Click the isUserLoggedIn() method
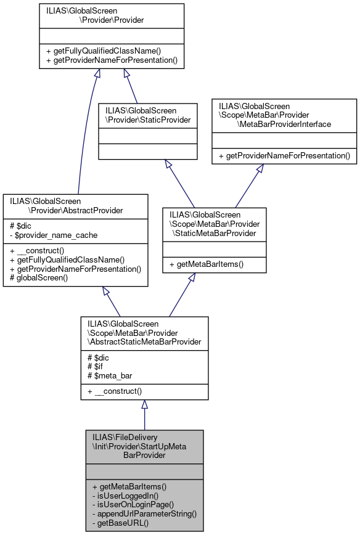click(125, 495)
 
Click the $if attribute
click(96, 367)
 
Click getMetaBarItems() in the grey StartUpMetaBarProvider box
click(127, 486)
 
